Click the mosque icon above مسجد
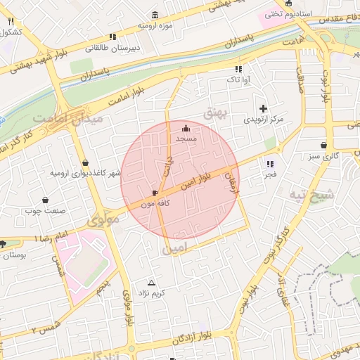tap(186, 128)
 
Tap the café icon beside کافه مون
tap(155, 192)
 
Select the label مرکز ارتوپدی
tap(264, 120)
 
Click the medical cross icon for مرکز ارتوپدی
tap(264, 108)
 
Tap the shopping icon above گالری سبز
tap(323, 145)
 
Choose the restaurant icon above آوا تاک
tap(238, 69)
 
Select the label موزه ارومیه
tap(155, 25)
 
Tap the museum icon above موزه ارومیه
tap(155, 14)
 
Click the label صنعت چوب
tap(65, 210)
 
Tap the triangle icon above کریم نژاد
tap(150, 282)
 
